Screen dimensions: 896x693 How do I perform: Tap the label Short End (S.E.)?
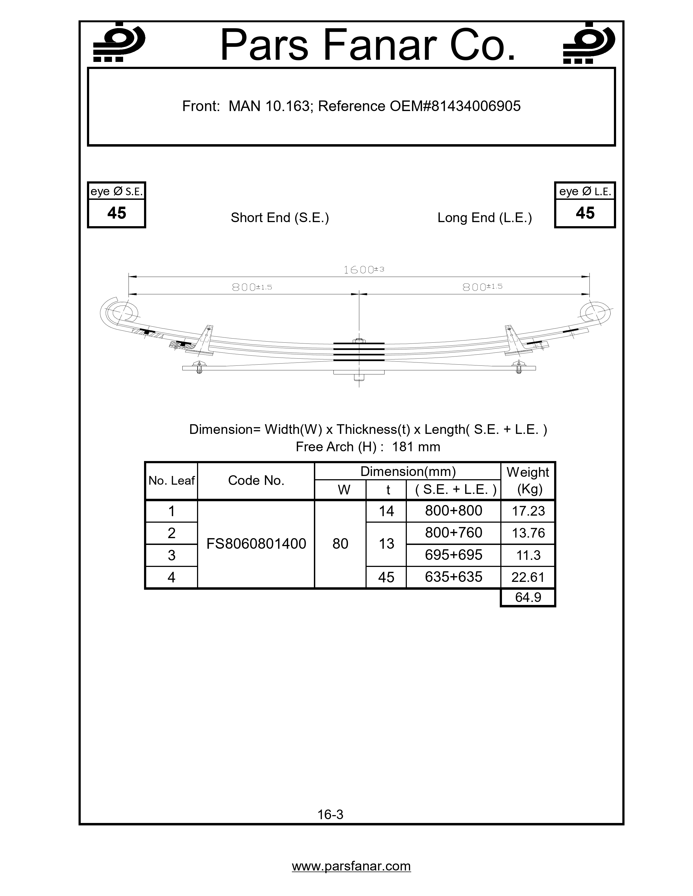(280, 217)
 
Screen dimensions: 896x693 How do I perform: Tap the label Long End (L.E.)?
(485, 217)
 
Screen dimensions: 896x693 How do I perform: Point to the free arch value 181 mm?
(416, 447)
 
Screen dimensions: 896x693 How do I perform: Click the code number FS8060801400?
(256, 544)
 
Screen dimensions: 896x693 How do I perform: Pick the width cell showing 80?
(340, 544)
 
